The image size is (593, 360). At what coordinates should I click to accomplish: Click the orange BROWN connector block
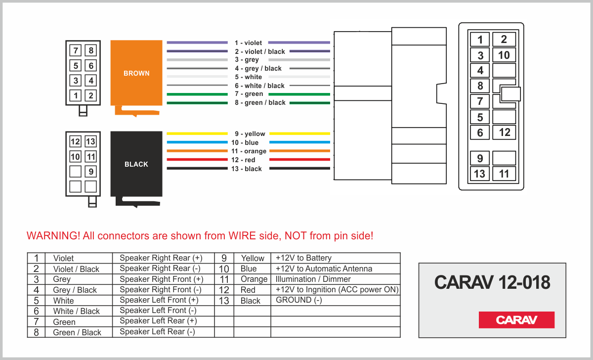[136, 73]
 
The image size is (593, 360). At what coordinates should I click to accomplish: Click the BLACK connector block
[136, 164]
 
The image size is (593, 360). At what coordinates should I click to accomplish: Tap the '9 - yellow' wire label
[250, 134]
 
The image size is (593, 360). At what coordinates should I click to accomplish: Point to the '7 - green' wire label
[249, 94]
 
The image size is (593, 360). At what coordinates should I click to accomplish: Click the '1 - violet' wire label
[249, 43]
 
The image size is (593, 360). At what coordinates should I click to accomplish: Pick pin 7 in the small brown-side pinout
[76, 50]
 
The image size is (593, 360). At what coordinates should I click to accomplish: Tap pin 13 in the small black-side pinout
[90, 142]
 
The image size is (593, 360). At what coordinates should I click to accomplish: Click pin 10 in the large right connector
[504, 55]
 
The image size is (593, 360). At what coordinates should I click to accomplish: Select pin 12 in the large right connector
[504, 132]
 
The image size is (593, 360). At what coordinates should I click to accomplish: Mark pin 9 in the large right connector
[480, 159]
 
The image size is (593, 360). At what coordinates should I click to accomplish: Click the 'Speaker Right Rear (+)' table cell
[161, 258]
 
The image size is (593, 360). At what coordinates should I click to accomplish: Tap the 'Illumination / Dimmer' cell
[313, 279]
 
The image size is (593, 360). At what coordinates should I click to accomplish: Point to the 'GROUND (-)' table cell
[299, 300]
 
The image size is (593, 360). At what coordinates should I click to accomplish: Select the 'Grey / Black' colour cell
[75, 290]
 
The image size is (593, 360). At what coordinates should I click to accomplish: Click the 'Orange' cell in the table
[254, 279]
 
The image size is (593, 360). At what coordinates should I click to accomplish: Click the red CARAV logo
[516, 320]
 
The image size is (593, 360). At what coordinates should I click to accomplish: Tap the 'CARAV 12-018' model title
[492, 282]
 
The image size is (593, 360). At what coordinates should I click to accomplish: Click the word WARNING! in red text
[53, 236]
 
